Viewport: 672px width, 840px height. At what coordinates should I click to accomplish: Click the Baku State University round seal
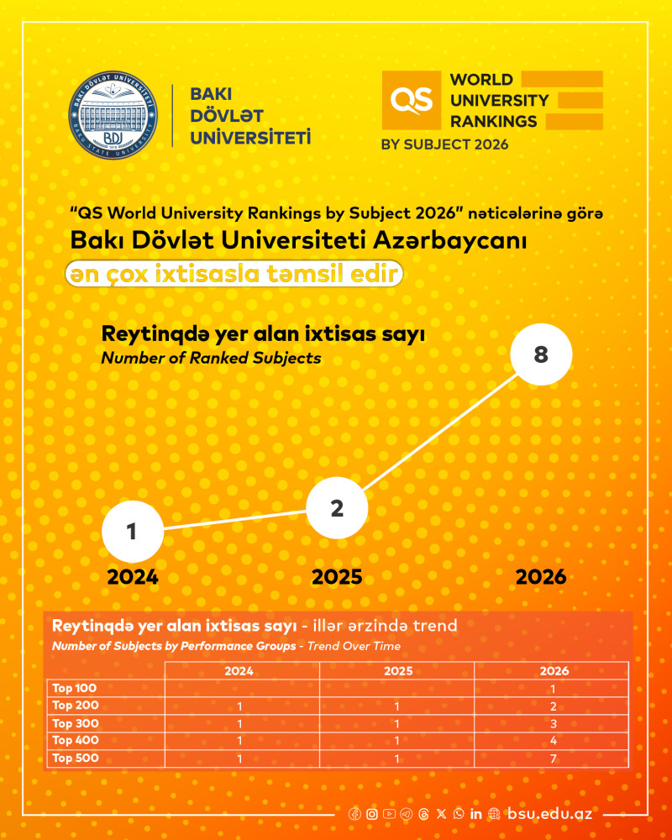113,115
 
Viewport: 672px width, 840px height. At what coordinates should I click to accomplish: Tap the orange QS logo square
412,100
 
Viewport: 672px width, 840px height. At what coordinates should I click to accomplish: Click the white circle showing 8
541,354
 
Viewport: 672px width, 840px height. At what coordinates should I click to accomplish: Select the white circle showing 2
337,508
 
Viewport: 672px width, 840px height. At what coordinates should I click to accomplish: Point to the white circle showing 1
132,532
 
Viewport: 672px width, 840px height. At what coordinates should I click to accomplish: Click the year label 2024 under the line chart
133,577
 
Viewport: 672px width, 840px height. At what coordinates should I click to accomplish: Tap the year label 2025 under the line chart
337,577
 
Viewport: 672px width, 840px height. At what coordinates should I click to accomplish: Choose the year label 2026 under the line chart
541,577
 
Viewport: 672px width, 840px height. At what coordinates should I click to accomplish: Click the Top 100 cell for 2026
552,689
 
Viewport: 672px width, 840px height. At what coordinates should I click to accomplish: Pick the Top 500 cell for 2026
552,758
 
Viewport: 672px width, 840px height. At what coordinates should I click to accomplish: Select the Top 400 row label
76,740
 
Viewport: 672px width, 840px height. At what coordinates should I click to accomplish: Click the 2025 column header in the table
397,671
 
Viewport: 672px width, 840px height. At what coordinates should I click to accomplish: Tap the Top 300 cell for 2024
239,723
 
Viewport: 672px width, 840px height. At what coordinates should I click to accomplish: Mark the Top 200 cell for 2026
552,706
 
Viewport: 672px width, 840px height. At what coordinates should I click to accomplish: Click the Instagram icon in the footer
371,814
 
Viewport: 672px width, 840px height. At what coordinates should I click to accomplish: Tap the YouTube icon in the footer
389,814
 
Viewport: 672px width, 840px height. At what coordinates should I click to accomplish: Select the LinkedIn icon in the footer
476,814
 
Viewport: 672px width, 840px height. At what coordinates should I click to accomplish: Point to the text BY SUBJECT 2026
445,144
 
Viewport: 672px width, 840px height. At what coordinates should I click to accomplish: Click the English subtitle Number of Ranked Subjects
211,358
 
